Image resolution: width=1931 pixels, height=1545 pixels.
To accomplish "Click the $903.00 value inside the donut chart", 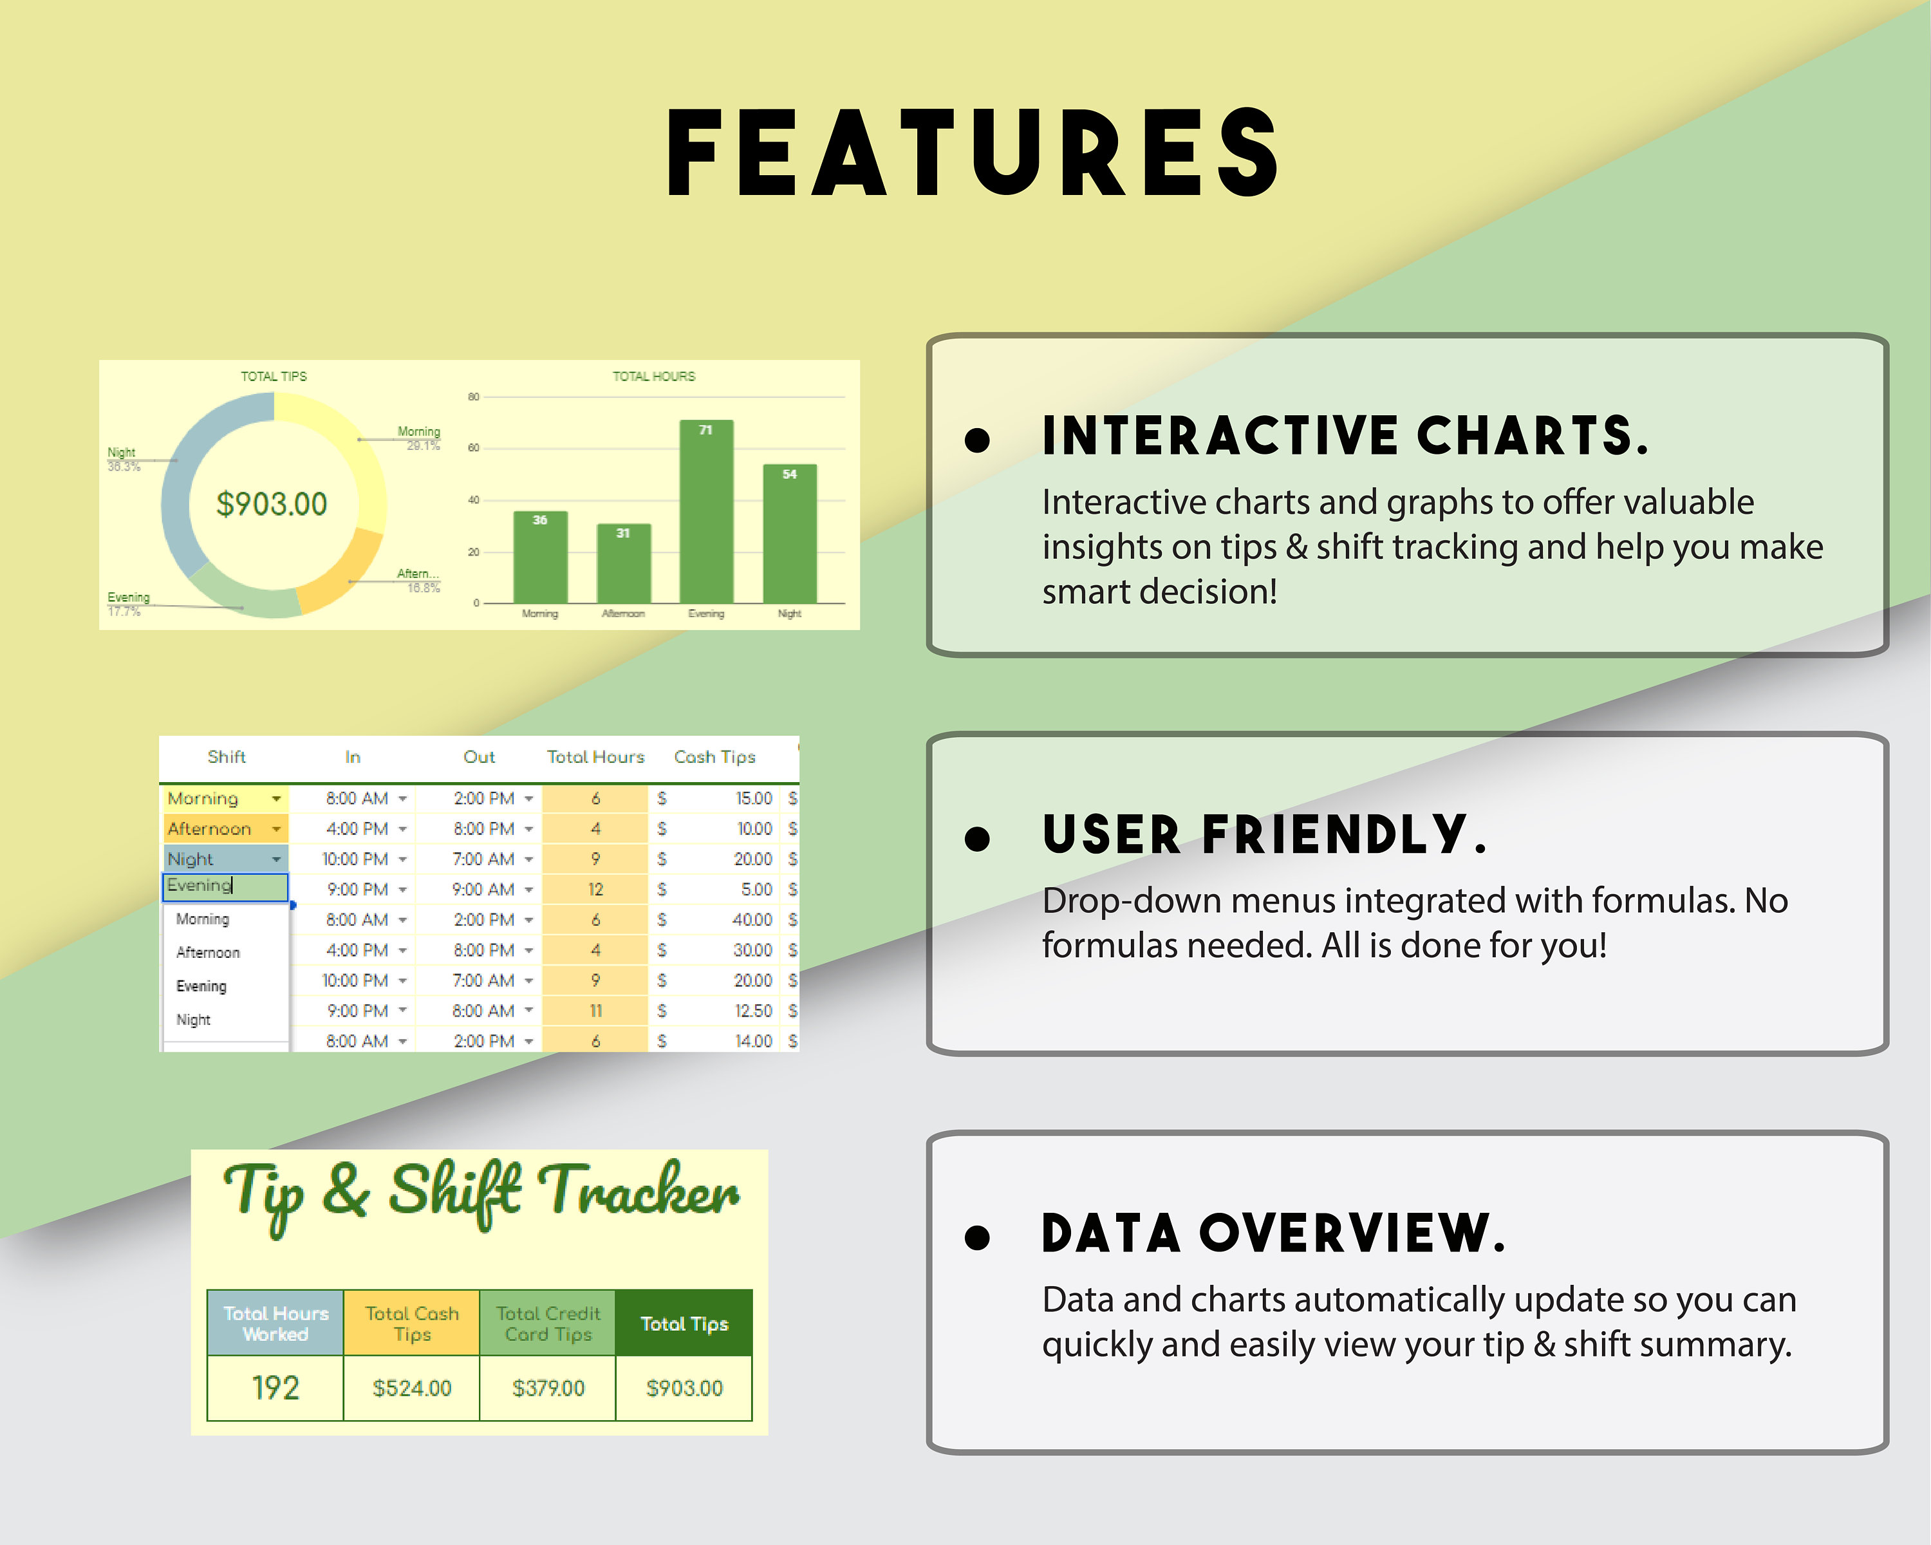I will [272, 504].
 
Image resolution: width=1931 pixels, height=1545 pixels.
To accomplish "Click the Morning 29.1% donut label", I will [418, 438].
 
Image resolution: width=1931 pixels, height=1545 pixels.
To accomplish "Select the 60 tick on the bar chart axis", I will [473, 448].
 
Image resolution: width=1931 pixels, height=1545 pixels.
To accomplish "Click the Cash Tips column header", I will [714, 757].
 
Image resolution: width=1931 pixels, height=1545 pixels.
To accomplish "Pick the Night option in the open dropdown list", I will [194, 1019].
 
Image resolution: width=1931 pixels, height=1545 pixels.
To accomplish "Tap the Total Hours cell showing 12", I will [595, 890].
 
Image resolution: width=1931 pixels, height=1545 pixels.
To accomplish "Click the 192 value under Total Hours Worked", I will [275, 1389].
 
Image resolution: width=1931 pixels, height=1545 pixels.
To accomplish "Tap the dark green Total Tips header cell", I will [684, 1323].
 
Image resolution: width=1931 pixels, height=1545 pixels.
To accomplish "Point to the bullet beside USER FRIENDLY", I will [976, 838].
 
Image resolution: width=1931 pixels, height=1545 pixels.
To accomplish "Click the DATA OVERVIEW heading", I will [1273, 1234].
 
